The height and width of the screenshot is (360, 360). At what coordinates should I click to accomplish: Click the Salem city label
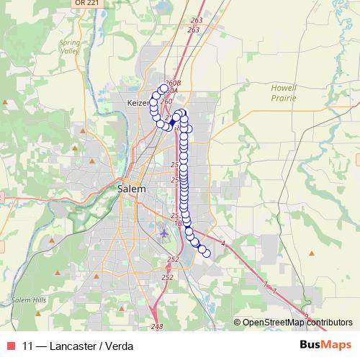[131, 189]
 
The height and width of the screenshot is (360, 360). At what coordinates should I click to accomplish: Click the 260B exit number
[173, 83]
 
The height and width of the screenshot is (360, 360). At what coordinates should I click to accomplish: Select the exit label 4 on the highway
[223, 244]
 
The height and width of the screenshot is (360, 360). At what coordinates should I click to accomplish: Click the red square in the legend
[11, 346]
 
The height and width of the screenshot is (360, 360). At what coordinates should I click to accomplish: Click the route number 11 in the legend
[28, 346]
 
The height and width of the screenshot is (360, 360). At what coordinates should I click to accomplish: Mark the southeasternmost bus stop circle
[207, 252]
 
